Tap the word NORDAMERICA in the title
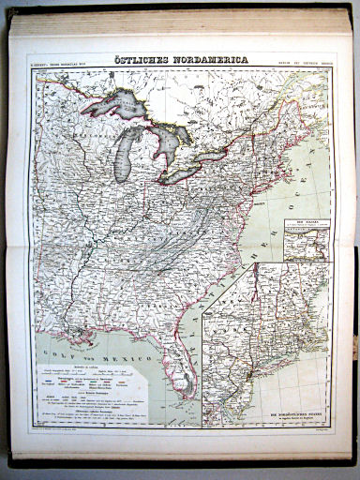(211, 60)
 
